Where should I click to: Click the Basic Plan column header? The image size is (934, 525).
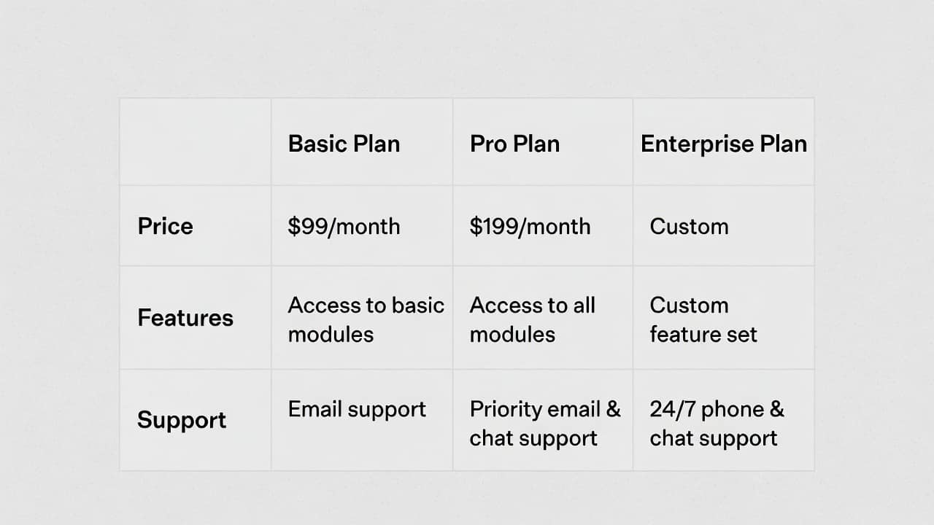coord(344,144)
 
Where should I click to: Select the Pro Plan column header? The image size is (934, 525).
coord(514,144)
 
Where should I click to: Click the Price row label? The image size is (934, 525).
coord(165,227)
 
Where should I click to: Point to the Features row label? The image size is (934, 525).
coord(185,318)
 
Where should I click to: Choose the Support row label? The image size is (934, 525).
coord(182,421)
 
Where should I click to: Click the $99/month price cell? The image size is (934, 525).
coord(344,227)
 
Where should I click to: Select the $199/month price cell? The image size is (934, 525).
coord(530,227)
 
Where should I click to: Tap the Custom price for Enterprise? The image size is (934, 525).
coord(690,227)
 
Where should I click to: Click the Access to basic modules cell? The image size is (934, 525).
coord(366,319)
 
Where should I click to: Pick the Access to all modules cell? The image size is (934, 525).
coord(533,319)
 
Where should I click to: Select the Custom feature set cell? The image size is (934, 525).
coord(703,319)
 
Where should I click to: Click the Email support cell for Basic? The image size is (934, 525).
coord(357,410)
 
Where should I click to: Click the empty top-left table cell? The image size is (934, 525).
coord(195,141)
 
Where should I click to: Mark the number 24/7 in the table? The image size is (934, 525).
coord(673,409)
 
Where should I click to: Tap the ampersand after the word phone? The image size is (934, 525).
coord(777,409)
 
